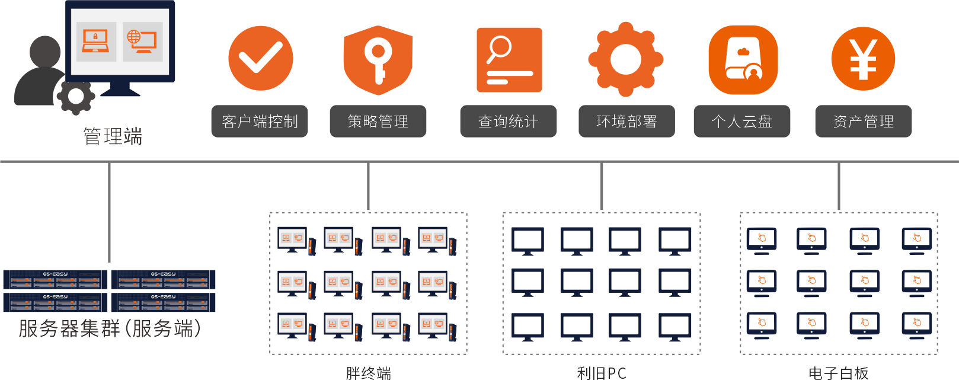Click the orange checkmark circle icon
click(260, 58)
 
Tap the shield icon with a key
click(378, 59)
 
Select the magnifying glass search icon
click(509, 59)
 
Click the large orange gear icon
click(626, 59)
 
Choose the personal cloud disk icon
click(743, 59)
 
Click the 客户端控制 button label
click(260, 122)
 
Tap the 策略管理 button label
click(378, 122)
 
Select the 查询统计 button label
click(509, 122)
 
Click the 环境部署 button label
click(626, 122)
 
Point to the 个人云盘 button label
click(742, 122)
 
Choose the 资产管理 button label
click(863, 122)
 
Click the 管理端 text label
click(113, 136)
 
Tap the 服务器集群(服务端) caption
click(110, 328)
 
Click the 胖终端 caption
click(368, 373)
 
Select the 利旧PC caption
click(601, 373)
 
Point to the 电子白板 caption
click(838, 373)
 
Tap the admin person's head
click(46, 52)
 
